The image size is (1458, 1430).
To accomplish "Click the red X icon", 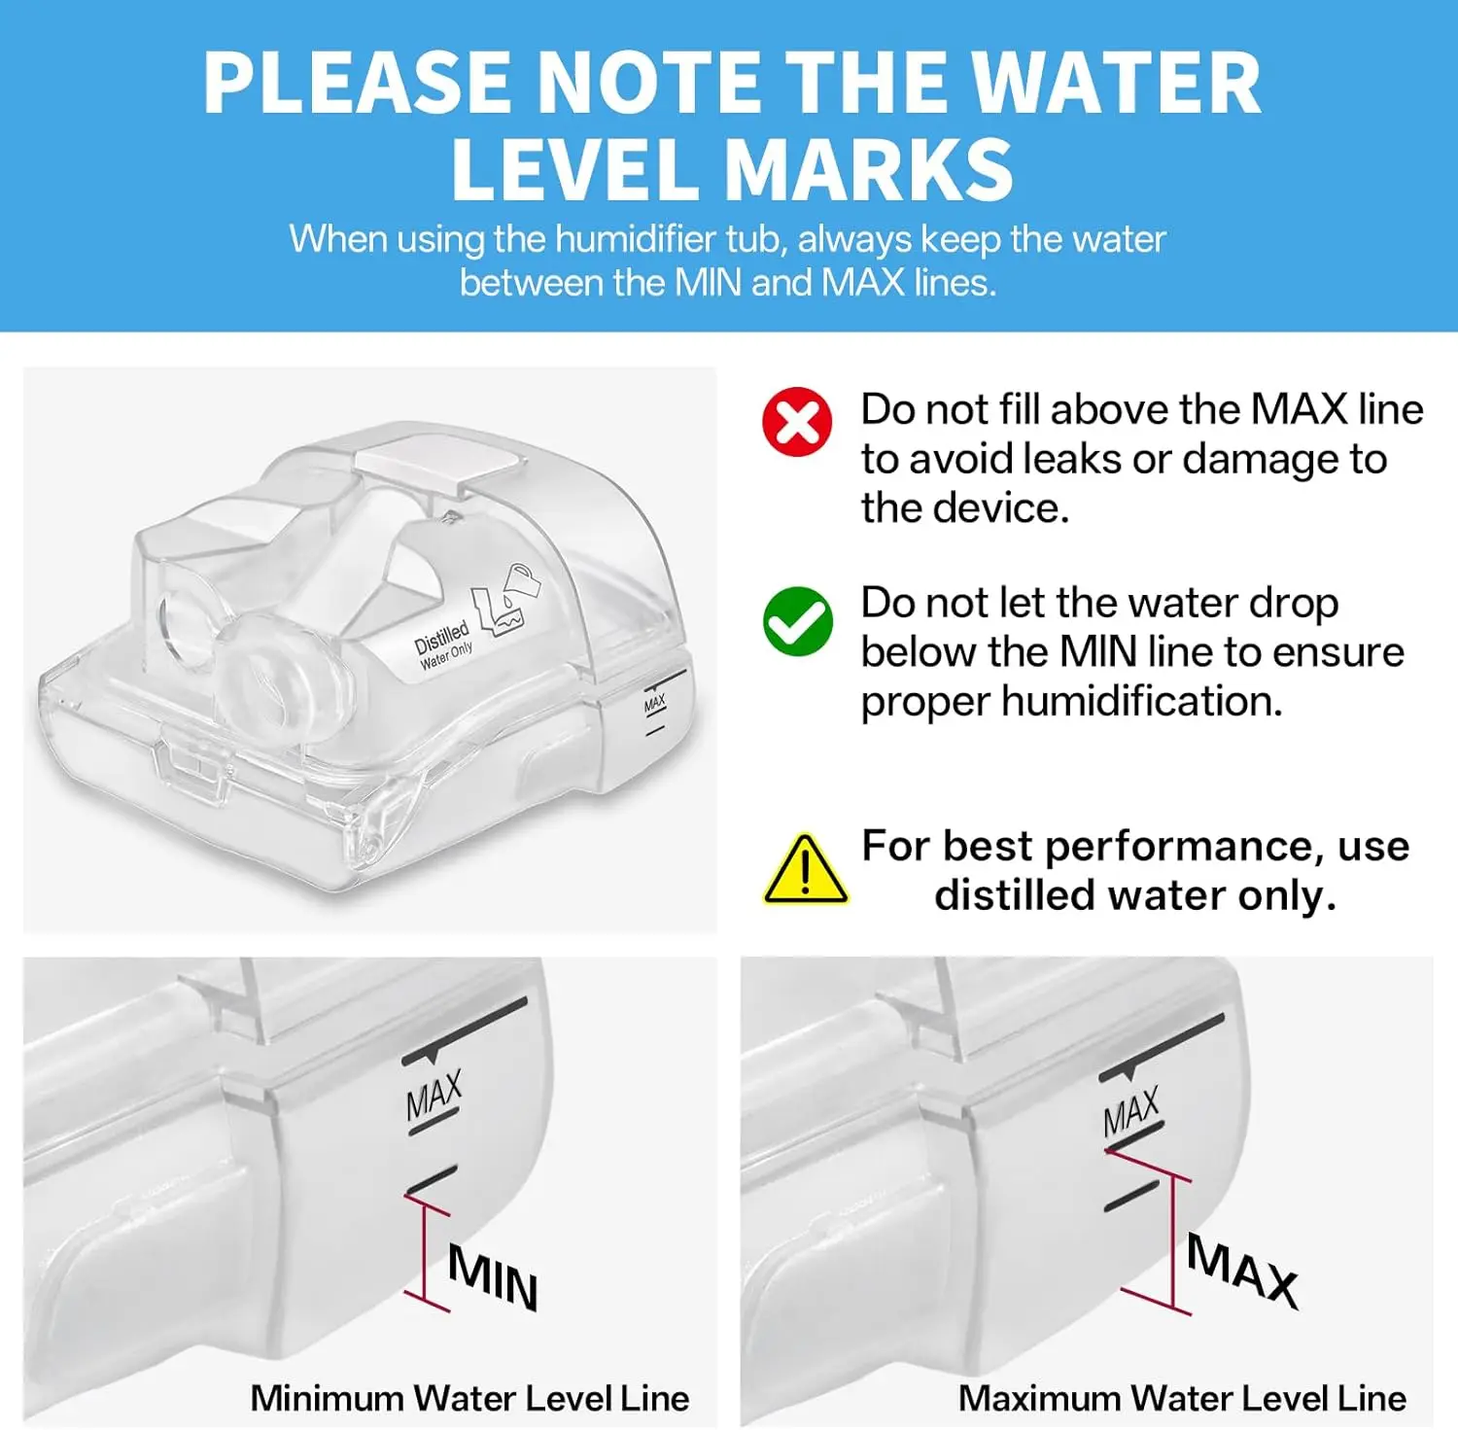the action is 797,422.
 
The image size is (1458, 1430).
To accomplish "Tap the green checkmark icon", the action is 797,621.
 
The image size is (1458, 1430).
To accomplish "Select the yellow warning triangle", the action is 805,869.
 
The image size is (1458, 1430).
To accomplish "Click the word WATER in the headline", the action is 1116,83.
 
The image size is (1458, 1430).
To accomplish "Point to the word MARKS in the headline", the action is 869,169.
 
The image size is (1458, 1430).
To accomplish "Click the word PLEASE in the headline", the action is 357,83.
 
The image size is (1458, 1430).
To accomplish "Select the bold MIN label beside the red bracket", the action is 493,1277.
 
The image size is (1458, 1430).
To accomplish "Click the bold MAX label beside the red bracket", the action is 1243,1271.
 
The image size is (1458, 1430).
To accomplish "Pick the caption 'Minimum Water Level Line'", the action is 469,1398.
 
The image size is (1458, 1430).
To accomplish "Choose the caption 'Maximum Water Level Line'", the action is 1182,1398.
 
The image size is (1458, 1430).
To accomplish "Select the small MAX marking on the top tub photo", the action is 655,702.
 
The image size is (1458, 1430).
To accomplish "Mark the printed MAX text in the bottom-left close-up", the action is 434,1096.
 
